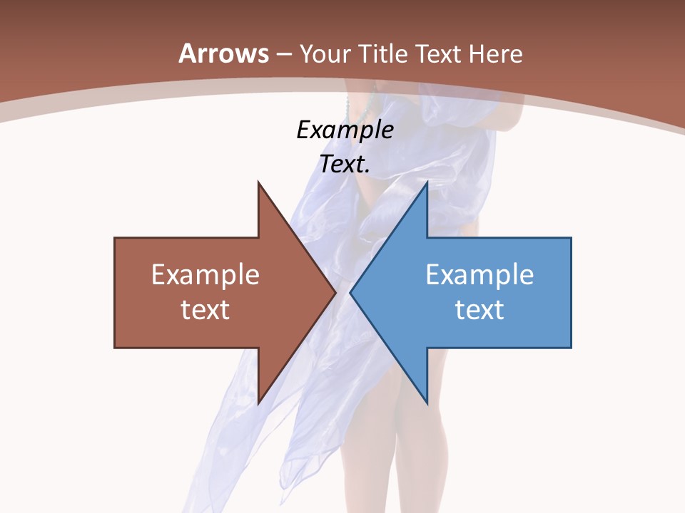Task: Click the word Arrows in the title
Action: coord(224,53)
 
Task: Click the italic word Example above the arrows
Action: coord(345,130)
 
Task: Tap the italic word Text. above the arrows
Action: coord(345,165)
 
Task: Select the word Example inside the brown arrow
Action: coord(205,275)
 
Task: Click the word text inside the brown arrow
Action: coord(205,310)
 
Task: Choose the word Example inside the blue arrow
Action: coord(479,275)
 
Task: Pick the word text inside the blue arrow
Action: coord(479,310)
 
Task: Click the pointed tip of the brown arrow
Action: coord(335,292)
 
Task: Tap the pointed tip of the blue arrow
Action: coord(350,292)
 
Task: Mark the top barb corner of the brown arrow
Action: coord(258,182)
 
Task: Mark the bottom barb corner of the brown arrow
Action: coord(258,403)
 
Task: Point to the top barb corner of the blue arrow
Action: coord(427,182)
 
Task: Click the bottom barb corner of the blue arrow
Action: coord(427,403)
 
